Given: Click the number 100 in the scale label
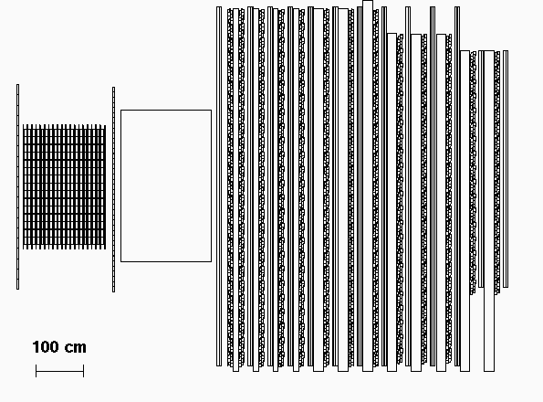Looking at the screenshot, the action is coord(47,347).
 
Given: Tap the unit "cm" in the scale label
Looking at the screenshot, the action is coord(76,348).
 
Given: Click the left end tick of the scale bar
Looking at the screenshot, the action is coord(36,371).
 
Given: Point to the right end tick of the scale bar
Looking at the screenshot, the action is coord(83,371).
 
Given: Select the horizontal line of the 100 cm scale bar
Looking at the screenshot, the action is coord(59,371).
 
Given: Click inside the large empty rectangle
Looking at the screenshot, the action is coord(166,185).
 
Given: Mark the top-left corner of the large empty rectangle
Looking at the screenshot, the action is coord(120,111).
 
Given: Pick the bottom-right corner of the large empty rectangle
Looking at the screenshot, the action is coord(211,261).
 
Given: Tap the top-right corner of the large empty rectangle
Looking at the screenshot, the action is coord(211,111).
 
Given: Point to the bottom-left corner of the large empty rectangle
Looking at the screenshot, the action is coord(120,261).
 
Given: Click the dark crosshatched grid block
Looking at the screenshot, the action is coord(64,186).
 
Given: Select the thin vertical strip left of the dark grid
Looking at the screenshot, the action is coord(17,186).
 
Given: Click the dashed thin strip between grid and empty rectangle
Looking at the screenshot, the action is coord(113,189).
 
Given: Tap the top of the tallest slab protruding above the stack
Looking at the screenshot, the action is coord(368,1).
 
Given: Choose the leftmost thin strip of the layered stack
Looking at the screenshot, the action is coord(219,186).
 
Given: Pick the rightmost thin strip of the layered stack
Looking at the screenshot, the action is coord(506,169).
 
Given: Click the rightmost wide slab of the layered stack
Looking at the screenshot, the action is coord(489,211).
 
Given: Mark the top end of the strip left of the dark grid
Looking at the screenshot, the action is coord(17,84).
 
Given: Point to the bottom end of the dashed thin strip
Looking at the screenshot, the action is coord(113,291).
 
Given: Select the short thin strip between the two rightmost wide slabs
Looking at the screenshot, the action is coord(481,169).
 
